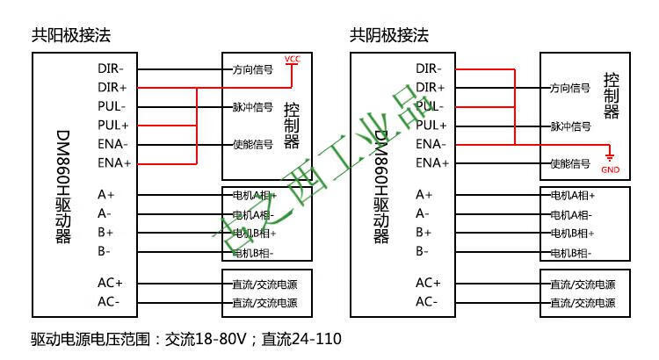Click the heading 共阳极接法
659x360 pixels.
71,35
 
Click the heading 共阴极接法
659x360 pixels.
389,35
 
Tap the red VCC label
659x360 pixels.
292,60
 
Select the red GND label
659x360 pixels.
610,169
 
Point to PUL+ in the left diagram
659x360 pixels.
113,126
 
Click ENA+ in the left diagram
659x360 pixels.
114,162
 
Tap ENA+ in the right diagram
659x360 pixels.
432,162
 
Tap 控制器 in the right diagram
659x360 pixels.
612,97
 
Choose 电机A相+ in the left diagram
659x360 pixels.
255,195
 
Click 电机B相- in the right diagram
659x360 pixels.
571,253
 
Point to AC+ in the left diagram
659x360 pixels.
110,283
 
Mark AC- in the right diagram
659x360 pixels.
427,302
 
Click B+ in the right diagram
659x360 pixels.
424,233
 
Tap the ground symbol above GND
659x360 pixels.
609,155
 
